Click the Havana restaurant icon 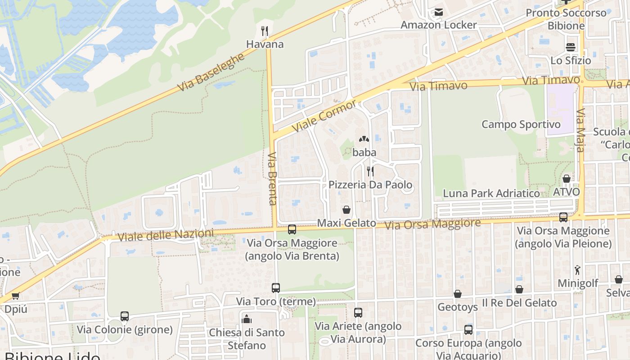point(265,31)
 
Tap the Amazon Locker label point(438,25)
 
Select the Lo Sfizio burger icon point(571,47)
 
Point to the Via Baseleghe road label point(211,72)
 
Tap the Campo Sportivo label point(521,124)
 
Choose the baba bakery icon point(364,139)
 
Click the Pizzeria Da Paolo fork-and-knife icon point(370,171)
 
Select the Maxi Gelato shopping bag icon point(346,210)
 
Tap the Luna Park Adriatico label point(491,193)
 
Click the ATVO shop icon point(567,179)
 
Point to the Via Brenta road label point(273,179)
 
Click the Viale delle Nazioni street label point(165,235)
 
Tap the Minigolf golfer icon point(578,270)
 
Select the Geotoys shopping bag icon point(458,294)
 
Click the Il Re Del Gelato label point(519,303)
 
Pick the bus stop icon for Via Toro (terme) point(276,288)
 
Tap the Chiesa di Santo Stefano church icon point(246,319)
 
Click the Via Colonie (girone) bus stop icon point(125,316)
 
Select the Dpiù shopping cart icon point(16,296)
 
